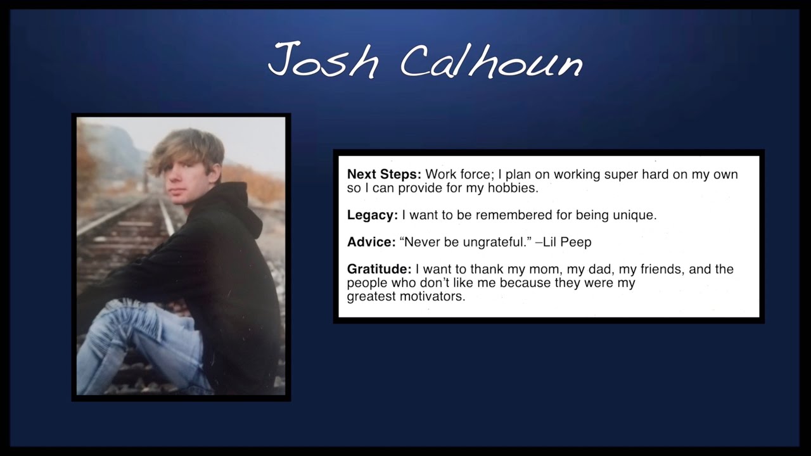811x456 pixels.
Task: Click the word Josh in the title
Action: point(324,61)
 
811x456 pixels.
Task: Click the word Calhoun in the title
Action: point(492,61)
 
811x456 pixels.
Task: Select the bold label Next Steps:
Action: point(384,174)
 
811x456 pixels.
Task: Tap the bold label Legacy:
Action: point(373,215)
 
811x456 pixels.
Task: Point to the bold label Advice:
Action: point(371,242)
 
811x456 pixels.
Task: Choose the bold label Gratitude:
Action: point(379,269)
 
